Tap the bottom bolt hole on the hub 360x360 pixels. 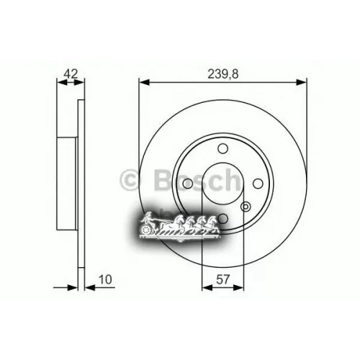click(x=224, y=219)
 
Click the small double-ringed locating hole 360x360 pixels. click(x=246, y=209)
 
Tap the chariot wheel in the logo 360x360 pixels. click(x=148, y=230)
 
